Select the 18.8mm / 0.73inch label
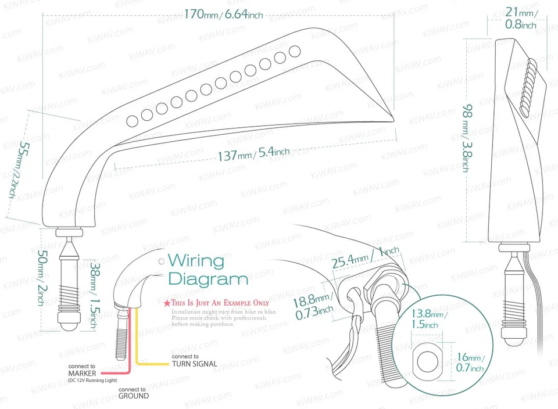313,307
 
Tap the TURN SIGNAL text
194,364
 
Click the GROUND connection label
133,396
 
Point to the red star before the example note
167,303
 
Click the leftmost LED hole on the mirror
133,120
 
